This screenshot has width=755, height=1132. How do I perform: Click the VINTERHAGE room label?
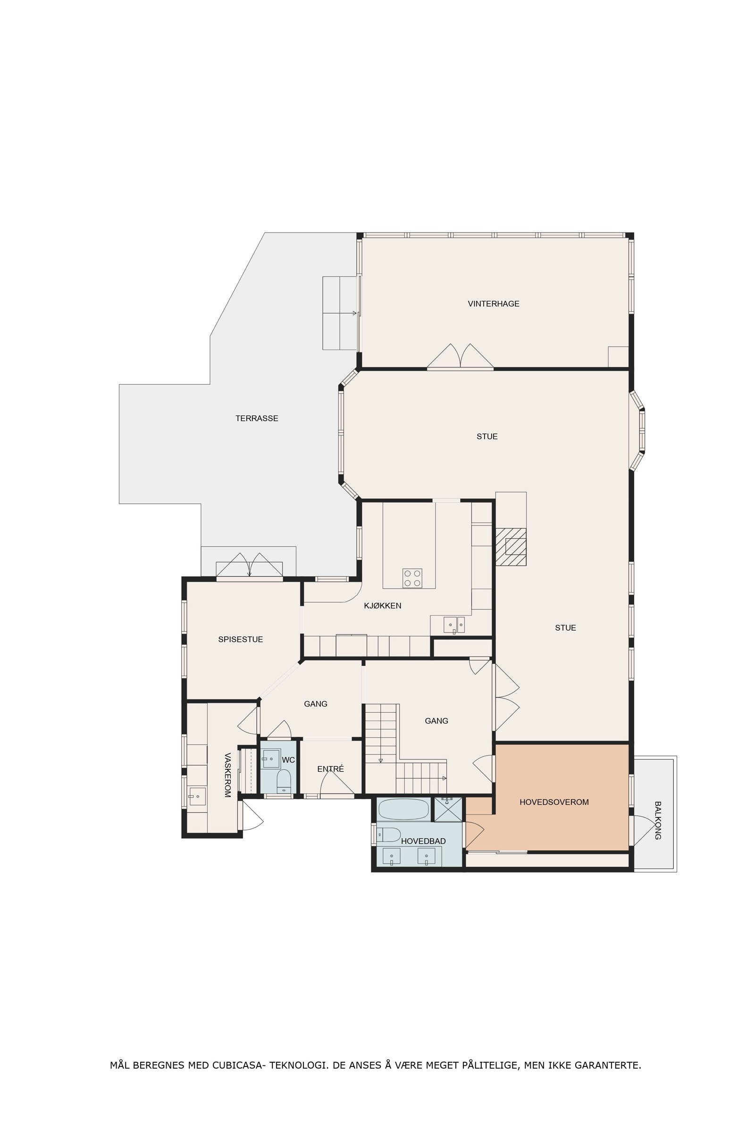click(494, 304)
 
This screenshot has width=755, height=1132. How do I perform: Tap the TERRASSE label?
click(257, 418)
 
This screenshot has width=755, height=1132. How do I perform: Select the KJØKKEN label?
click(382, 606)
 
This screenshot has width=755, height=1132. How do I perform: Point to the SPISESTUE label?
click(240, 639)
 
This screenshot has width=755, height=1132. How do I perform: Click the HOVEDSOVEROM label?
click(554, 802)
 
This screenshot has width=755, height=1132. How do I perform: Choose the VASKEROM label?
click(227, 775)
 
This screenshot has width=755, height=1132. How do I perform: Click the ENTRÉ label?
click(330, 769)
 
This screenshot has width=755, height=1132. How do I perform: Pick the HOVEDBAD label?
click(423, 841)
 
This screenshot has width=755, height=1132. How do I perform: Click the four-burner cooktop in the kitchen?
click(412, 578)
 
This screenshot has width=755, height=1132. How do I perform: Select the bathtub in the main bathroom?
click(403, 809)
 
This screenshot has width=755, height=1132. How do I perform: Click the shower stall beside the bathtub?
click(448, 809)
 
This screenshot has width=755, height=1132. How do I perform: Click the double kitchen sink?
click(454, 624)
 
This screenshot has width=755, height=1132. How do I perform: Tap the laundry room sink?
click(197, 797)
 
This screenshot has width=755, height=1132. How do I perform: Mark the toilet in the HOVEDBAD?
click(388, 834)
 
